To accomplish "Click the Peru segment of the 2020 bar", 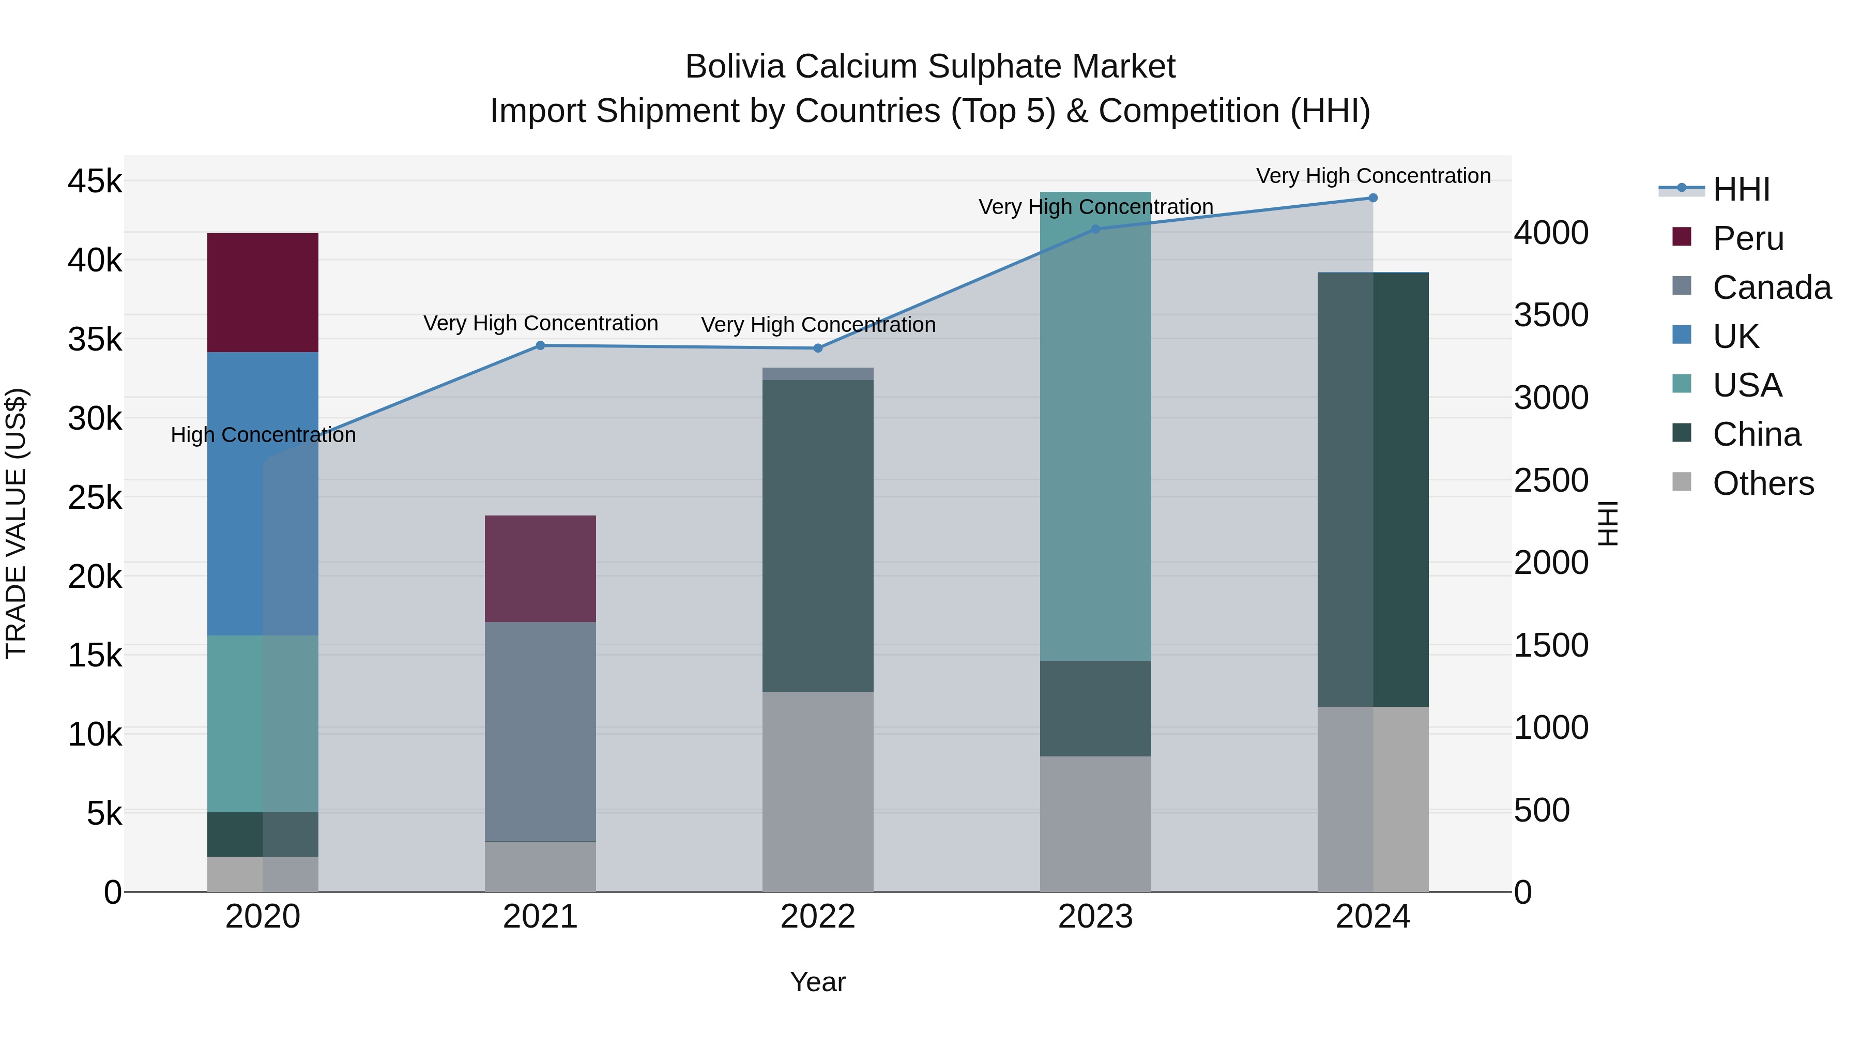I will pos(262,293).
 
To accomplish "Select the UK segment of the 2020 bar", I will pos(262,494).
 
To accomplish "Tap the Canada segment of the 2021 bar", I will pos(540,731).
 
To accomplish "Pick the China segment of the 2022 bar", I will pos(818,536).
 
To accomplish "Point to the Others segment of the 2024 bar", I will pos(1372,798).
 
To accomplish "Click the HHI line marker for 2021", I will pos(540,345).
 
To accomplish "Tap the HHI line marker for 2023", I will pos(1095,229).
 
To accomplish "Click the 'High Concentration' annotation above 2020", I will pos(263,435).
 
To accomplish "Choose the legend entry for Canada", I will pos(1772,287).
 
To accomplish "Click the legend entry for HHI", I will pos(1741,189).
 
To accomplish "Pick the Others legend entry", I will pos(1763,483).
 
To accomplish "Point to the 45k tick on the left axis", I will pos(95,181).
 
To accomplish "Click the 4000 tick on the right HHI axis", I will pos(1551,233).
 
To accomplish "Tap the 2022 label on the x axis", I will pos(818,917).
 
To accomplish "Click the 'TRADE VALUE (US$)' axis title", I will pos(17,524).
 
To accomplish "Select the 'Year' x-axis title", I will pos(818,982).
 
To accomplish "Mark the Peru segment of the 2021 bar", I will pos(540,569).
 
